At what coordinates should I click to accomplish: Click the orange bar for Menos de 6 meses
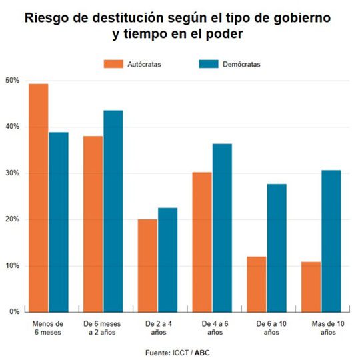coord(39,197)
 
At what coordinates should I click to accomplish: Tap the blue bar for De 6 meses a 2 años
coord(113,211)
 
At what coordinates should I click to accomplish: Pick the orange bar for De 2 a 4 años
coord(148,265)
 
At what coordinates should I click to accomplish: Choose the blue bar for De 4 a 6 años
coord(223,227)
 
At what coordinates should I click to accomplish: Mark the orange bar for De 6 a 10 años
coord(257,284)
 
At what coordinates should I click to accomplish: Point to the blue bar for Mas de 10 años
coord(331,241)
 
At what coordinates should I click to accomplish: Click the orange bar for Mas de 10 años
coord(311,287)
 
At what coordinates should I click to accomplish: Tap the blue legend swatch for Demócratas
coord(209,64)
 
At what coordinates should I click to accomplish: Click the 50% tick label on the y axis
coord(13,81)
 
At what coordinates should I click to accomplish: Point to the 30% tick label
coord(13,173)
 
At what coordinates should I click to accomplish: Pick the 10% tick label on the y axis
coord(13,266)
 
